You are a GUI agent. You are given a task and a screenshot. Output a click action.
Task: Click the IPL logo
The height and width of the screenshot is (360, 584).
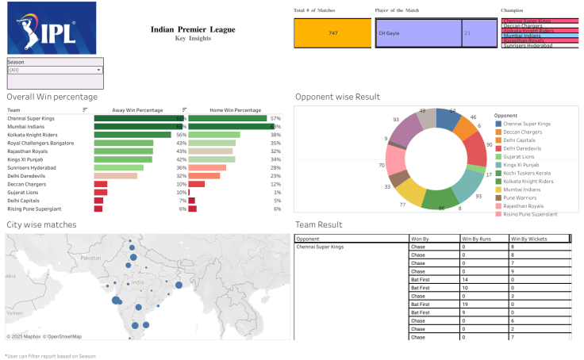point(51,28)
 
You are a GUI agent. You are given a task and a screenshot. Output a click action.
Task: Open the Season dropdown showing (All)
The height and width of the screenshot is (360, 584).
point(55,70)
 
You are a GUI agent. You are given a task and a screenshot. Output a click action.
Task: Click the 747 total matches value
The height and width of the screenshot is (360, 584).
point(333,33)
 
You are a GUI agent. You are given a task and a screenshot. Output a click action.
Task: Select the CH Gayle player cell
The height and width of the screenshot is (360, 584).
point(418,33)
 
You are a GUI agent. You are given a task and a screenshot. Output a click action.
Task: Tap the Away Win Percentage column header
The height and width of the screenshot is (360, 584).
point(138,110)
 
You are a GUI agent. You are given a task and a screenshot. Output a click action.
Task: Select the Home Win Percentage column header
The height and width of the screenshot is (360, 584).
point(235,110)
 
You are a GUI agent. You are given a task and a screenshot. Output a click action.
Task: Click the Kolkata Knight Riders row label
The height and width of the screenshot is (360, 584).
point(33,135)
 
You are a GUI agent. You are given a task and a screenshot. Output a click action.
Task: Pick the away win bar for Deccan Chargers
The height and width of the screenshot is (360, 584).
point(100,183)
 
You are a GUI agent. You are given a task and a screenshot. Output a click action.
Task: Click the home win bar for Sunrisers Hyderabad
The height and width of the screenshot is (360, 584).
point(207,167)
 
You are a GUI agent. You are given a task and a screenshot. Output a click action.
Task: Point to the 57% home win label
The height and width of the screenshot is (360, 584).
point(276,118)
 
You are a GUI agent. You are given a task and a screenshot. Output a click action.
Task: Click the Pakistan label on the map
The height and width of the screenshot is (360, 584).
point(91,258)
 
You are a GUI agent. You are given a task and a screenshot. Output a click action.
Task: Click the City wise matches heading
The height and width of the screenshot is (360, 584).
point(41,225)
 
